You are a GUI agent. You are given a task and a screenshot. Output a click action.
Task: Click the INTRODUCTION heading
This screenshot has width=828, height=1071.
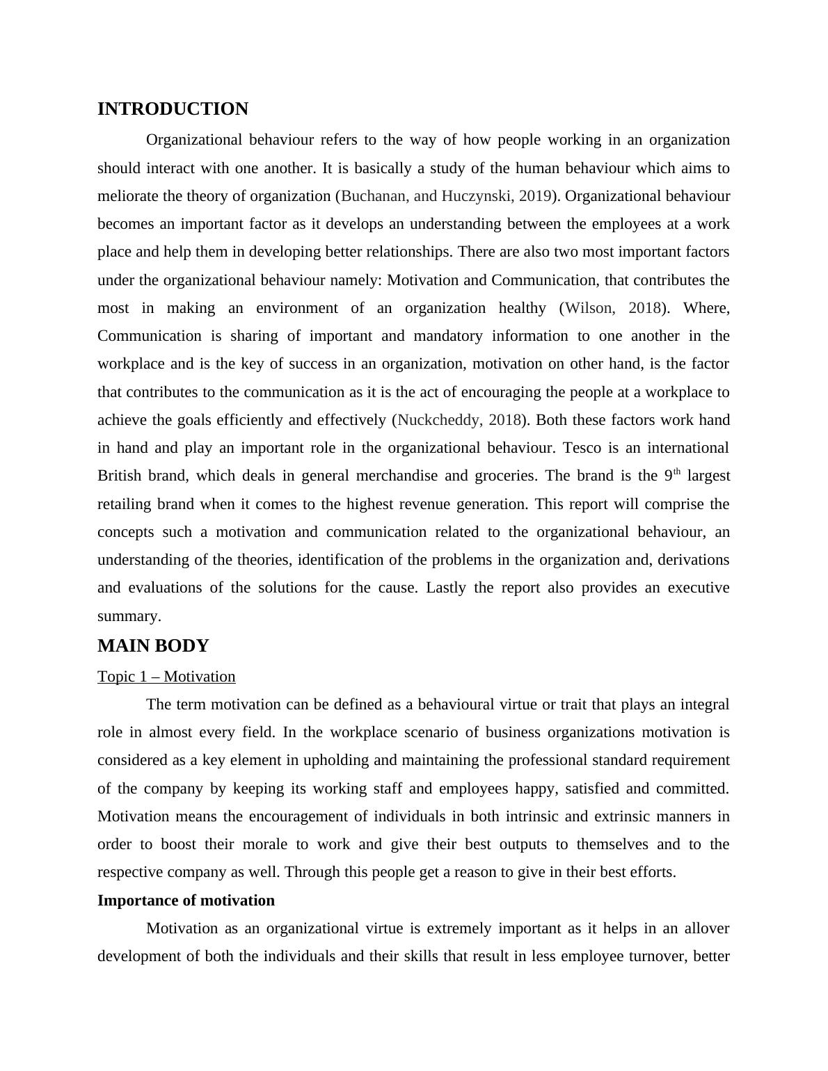pyautogui.click(x=173, y=109)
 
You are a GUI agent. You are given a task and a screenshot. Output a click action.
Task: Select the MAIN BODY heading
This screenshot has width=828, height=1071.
pyautogui.click(x=153, y=646)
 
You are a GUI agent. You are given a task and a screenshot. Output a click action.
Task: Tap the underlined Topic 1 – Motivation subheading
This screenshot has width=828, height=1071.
pyautogui.click(x=166, y=677)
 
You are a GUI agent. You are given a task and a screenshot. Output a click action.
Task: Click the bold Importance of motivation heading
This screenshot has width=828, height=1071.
pyautogui.click(x=186, y=901)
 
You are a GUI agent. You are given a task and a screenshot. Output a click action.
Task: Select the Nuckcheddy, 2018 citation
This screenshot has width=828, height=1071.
pyautogui.click(x=459, y=420)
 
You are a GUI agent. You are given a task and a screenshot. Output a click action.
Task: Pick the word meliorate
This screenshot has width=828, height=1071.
pyautogui.click(x=128, y=196)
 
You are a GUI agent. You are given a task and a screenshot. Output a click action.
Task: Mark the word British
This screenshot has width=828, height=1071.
pyautogui.click(x=119, y=476)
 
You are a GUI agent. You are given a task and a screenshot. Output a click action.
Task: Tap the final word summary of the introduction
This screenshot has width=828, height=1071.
pyautogui.click(x=129, y=616)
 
